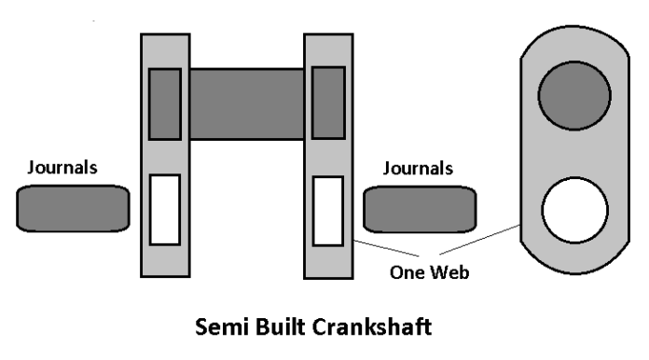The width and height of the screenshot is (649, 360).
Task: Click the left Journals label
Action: (63, 169)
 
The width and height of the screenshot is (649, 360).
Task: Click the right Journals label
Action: (419, 169)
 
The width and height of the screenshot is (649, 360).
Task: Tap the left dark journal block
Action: (72, 208)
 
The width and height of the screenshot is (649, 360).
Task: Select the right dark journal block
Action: (420, 209)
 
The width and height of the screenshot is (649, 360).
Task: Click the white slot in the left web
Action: (165, 210)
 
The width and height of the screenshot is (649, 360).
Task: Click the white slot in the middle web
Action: (327, 210)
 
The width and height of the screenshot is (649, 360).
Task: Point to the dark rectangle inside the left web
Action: (165, 104)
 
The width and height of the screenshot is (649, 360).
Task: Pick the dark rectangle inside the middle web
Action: (328, 103)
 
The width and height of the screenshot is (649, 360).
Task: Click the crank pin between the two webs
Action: (247, 104)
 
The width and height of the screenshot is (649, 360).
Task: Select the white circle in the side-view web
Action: (575, 210)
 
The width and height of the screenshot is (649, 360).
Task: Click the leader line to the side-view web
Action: (480, 242)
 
